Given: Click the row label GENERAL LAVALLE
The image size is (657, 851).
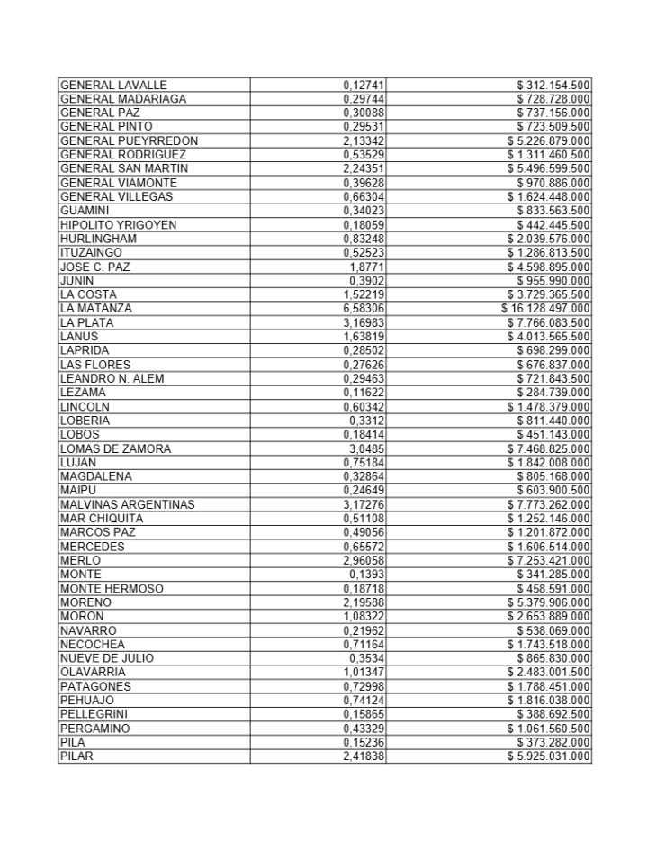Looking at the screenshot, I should click(x=113, y=86).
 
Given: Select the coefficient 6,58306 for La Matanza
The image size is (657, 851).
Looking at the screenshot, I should click(x=364, y=309).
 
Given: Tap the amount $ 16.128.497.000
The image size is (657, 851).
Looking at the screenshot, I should click(x=546, y=309).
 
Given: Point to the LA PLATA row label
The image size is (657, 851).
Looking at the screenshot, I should click(x=87, y=322).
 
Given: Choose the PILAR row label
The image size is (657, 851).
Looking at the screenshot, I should click(x=76, y=756).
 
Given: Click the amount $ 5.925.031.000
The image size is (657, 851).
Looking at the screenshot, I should click(x=549, y=756).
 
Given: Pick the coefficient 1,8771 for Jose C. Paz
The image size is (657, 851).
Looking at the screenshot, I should click(x=367, y=267).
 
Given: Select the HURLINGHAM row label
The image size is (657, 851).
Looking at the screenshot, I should click(x=98, y=239).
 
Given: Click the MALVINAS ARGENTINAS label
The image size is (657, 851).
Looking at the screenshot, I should click(x=127, y=504).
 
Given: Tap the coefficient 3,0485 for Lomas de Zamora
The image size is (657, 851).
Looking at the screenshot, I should click(x=367, y=448).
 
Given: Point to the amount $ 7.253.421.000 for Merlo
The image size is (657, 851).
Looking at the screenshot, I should click(x=549, y=560).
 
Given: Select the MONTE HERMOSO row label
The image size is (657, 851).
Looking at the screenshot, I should click(x=112, y=588).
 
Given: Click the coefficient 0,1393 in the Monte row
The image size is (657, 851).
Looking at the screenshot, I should click(x=370, y=575).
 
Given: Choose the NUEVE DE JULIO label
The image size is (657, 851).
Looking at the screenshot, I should click(x=106, y=658).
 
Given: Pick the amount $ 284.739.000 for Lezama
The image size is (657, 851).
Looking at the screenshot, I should click(x=553, y=393).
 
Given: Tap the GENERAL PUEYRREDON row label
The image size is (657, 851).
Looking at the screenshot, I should click(x=129, y=141).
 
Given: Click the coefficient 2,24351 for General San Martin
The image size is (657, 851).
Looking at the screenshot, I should click(x=364, y=169).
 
